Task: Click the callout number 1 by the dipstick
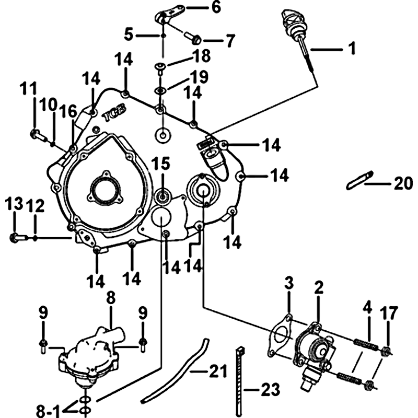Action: click(x=352, y=49)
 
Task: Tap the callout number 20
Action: click(x=402, y=183)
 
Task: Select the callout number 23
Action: click(x=270, y=389)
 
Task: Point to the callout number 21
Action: click(x=218, y=372)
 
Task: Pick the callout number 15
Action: click(x=160, y=164)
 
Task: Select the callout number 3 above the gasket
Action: click(x=289, y=285)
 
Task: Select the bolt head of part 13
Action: click(x=14, y=238)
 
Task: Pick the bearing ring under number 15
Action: click(x=162, y=198)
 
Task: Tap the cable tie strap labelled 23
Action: click(x=241, y=381)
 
